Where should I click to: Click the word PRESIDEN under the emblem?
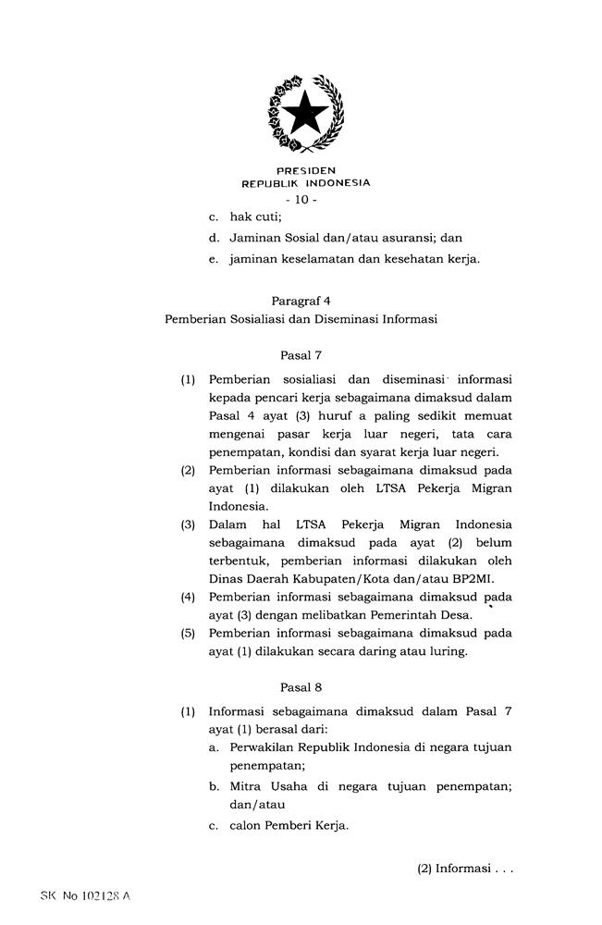[305, 171]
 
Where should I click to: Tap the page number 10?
[301, 200]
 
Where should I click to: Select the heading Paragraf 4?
[301, 301]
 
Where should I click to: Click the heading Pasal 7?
[301, 353]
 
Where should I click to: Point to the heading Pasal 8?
[301, 687]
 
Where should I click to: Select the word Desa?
[456, 615]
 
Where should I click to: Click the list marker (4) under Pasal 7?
[189, 598]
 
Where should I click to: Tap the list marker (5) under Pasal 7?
[189, 634]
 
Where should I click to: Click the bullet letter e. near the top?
[213, 259]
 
